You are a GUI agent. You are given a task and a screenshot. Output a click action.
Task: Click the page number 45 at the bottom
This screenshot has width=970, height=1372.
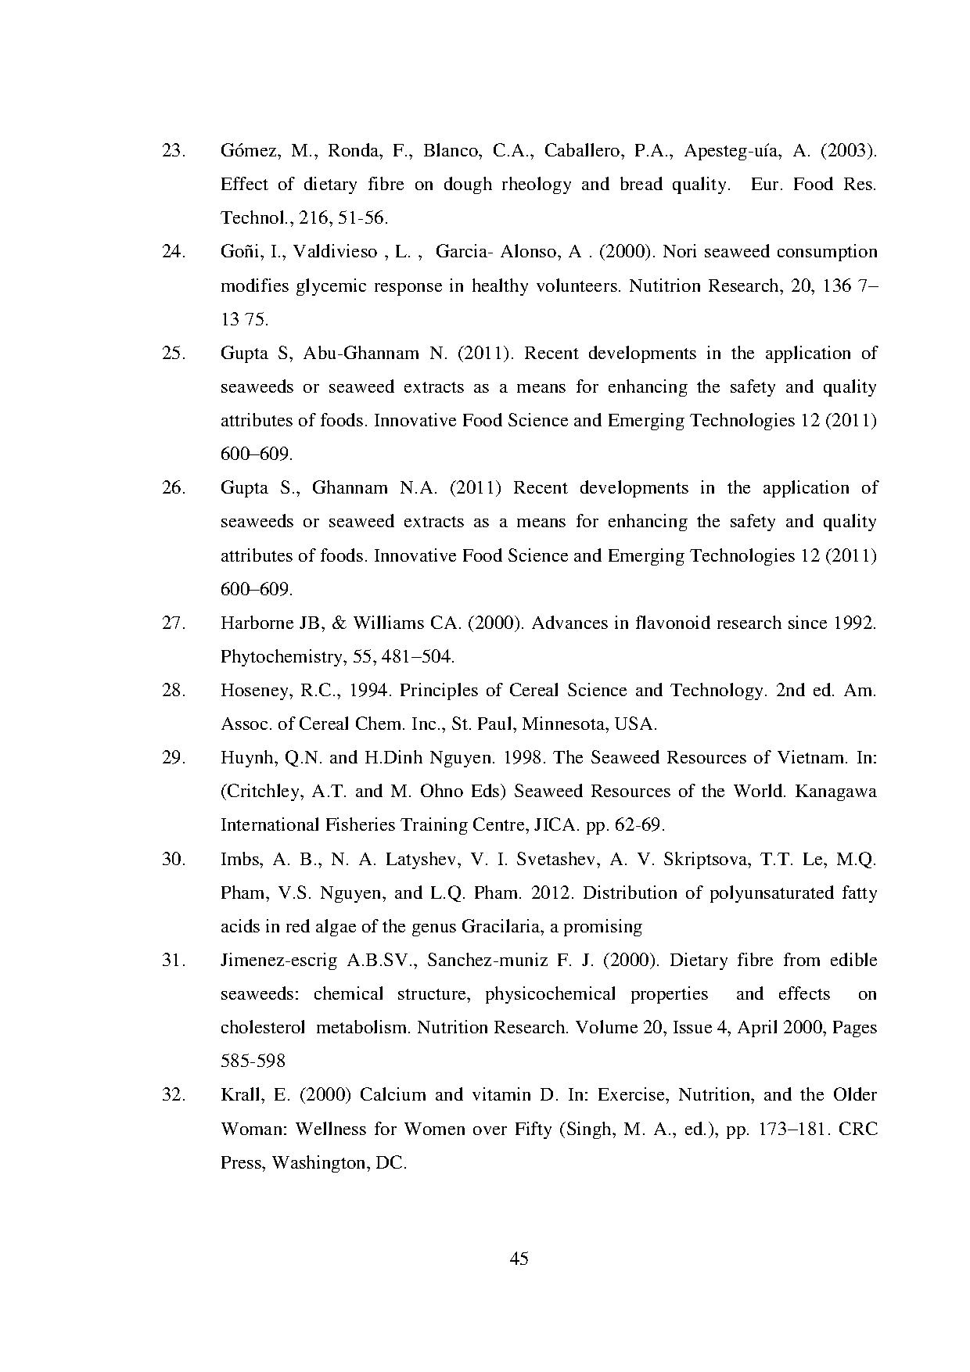519,1259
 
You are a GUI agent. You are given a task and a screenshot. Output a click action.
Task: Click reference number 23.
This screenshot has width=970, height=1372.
172,151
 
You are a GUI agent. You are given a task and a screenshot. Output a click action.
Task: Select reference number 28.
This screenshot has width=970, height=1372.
172,691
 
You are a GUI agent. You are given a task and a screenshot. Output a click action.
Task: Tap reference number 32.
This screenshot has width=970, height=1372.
172,1095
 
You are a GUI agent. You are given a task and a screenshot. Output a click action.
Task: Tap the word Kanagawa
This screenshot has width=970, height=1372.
835,792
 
